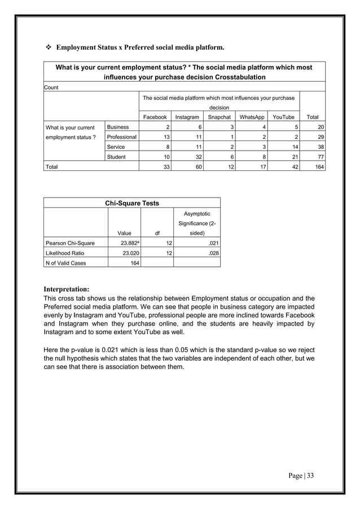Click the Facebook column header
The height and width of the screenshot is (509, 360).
(155, 117)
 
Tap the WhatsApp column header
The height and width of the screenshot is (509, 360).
(252, 117)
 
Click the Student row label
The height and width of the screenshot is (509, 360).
(116, 157)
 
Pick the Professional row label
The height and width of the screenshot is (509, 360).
(122, 137)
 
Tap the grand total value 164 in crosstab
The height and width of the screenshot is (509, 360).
(319, 167)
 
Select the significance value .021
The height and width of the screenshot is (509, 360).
(210, 243)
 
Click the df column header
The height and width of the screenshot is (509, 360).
(157, 232)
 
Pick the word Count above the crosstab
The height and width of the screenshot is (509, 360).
(52, 87)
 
